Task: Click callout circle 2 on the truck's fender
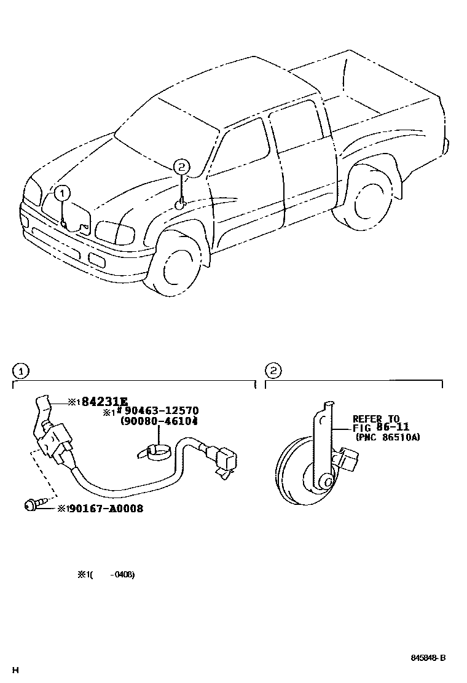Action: (180, 166)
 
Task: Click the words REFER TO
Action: (375, 418)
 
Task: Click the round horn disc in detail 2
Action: (301, 469)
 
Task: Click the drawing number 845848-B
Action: (428, 658)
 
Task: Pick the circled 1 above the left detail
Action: (20, 371)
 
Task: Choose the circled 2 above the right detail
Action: (273, 371)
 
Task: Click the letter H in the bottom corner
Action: (15, 669)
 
